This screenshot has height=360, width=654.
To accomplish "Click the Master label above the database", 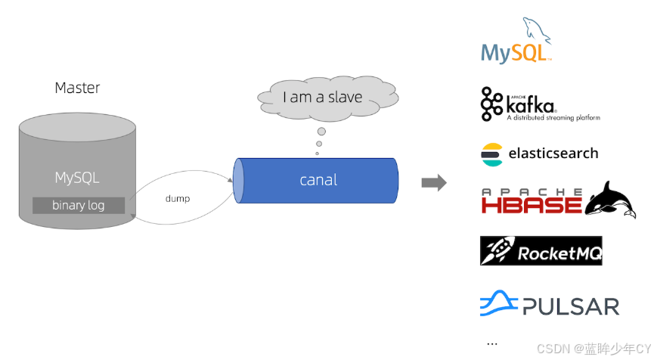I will (77, 88).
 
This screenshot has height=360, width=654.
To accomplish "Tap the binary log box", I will (79, 205).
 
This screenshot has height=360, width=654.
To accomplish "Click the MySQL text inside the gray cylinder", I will (77, 178).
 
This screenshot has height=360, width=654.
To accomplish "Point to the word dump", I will (178, 199).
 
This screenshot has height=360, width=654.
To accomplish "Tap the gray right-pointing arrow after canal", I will (433, 182).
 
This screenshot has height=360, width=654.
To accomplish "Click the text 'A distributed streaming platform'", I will (553, 118).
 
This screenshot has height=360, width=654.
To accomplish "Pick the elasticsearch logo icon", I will (491, 154).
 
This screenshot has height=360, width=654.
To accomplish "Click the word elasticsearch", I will (553, 154).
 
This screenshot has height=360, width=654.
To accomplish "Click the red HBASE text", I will (531, 203).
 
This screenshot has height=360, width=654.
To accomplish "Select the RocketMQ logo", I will (541, 251).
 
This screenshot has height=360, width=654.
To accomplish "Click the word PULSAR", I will (570, 306).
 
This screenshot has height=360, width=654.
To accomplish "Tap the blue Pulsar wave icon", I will (498, 303).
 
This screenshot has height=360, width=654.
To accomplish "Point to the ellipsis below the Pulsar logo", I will (492, 343).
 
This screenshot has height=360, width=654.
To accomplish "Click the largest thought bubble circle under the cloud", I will (321, 132).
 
